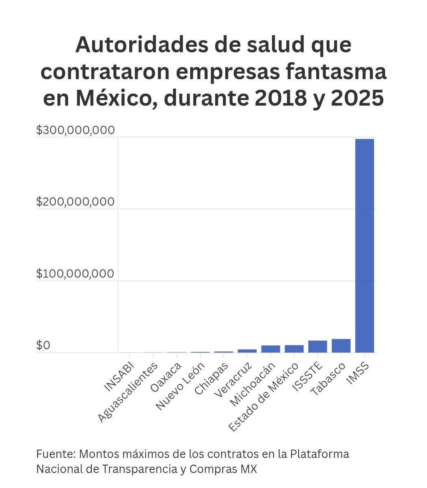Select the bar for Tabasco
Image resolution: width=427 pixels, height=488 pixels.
341,346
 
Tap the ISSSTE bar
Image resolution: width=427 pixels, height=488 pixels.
317,346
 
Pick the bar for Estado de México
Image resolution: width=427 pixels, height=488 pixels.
294,349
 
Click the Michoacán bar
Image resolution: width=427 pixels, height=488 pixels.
270,349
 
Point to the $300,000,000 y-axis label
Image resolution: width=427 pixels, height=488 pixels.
76,130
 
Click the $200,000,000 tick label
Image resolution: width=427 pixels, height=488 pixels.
76,202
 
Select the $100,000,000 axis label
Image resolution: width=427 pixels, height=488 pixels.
76,274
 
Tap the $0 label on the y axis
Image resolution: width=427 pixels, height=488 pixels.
44,345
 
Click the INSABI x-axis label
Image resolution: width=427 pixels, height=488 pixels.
118,377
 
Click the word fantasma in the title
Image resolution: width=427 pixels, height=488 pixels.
332,72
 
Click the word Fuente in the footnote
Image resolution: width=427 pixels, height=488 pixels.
55,454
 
